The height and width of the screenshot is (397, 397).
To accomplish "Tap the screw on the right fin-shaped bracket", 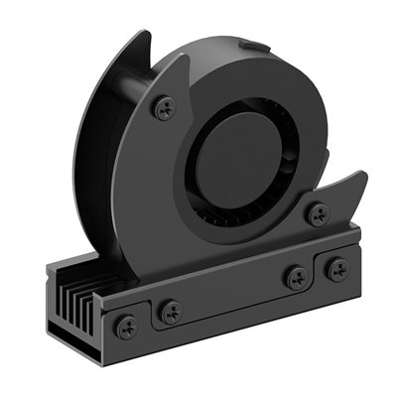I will (318, 211).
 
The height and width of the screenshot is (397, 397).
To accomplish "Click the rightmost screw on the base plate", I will (338, 268).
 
